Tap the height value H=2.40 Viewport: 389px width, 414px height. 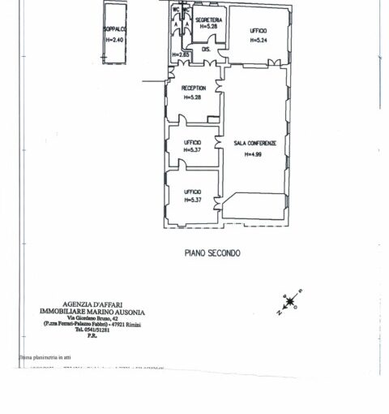point(114,39)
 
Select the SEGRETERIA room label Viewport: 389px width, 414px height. point(208,19)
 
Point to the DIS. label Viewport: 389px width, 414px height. point(206,49)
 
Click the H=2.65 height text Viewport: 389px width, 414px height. point(180,54)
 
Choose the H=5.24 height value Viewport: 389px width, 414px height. point(258,38)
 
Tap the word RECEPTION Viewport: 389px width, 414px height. point(193,88)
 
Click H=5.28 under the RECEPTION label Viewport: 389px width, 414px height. point(193,97)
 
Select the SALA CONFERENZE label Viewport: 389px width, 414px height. point(255,143)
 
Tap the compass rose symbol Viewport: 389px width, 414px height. point(289,303)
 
